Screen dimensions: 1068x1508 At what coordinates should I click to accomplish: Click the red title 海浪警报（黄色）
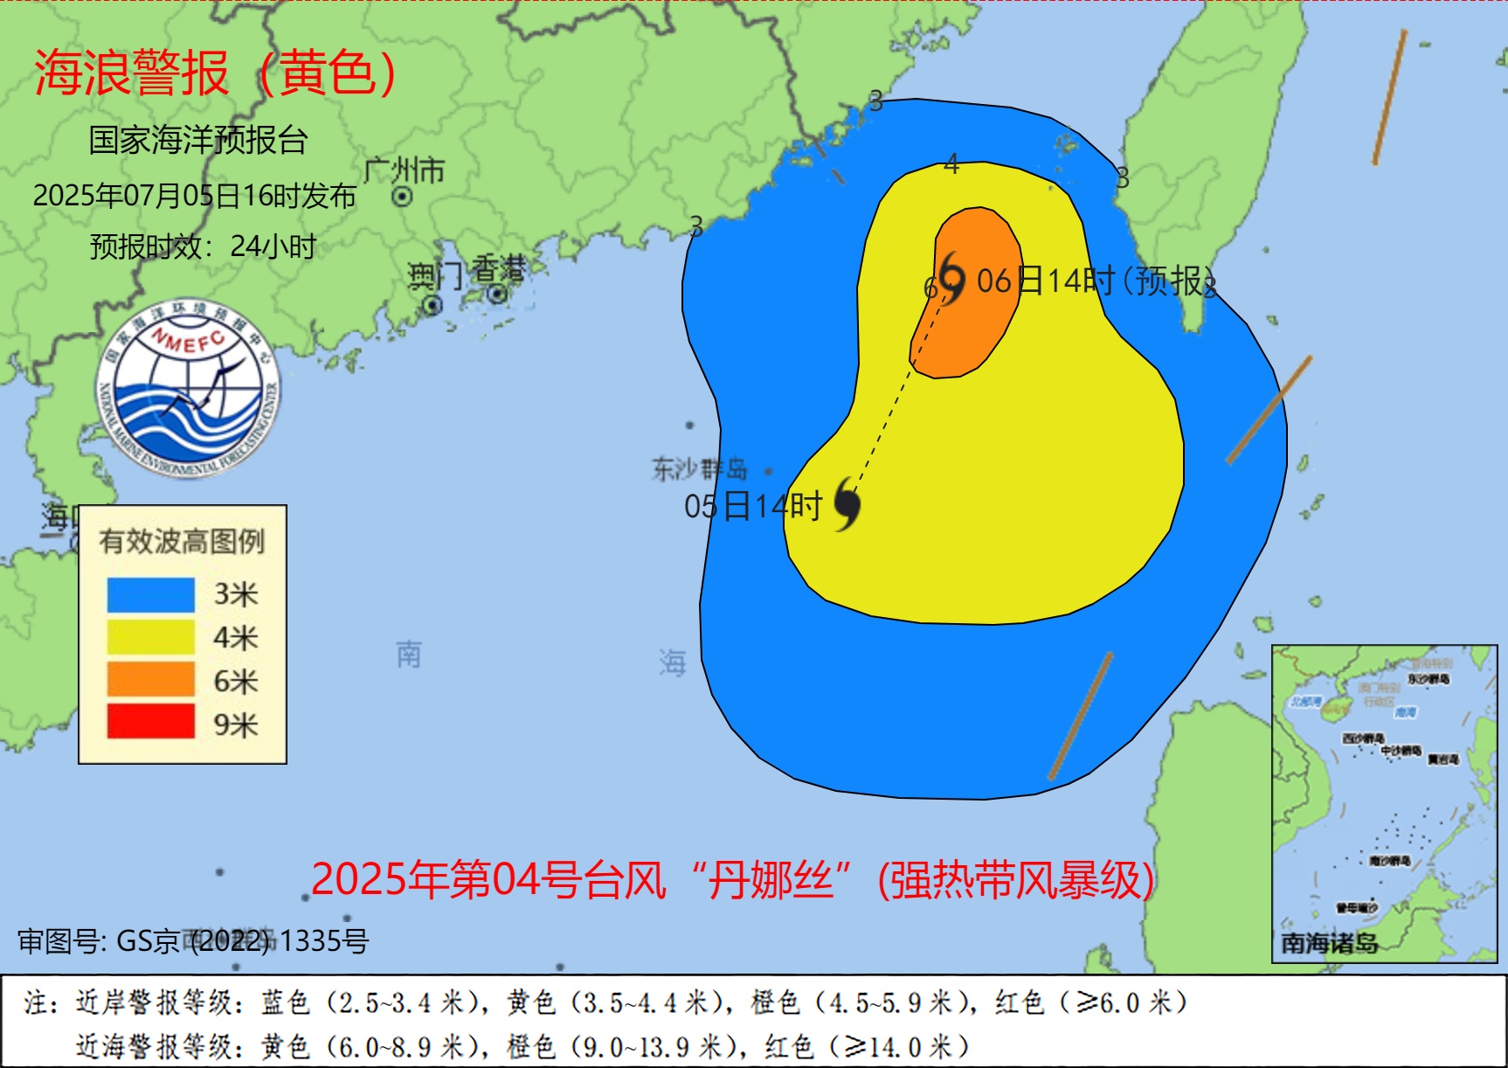tap(216, 73)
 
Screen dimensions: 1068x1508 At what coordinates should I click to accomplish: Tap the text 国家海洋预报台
tap(198, 140)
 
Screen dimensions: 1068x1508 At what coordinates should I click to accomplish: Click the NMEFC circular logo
tap(188, 388)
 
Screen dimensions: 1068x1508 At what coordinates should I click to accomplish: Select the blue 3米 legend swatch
tap(150, 595)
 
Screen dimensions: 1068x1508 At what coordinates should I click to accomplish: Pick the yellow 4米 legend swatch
tap(150, 638)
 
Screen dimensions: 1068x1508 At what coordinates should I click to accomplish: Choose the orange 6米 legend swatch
tap(150, 680)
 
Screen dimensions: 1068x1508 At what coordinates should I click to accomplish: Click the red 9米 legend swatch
tap(150, 723)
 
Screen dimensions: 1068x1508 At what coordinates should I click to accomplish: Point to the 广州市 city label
tap(404, 170)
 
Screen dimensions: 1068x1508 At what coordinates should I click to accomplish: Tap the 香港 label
tap(499, 269)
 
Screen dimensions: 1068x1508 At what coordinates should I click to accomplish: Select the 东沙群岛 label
tap(699, 469)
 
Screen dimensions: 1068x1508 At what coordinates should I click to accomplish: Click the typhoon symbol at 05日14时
tap(847, 504)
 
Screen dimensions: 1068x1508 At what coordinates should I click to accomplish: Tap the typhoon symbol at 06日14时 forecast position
tap(951, 278)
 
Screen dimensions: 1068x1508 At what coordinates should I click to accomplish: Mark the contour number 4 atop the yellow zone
tap(951, 163)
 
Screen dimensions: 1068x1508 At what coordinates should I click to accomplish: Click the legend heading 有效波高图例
tap(182, 542)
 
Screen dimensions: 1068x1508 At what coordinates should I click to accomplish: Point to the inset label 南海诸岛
tap(1329, 943)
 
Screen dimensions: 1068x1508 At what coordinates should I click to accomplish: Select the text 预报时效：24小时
tap(203, 246)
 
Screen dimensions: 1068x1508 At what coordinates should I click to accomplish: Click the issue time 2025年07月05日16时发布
tap(194, 196)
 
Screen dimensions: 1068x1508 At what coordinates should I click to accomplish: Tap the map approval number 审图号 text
tap(193, 941)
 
